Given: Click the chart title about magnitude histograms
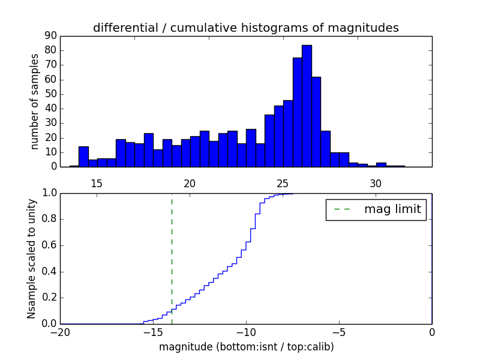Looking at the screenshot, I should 246,28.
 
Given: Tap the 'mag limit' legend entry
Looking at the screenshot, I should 376,209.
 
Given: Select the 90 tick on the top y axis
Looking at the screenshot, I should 50,36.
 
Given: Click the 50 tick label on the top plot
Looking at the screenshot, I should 50,94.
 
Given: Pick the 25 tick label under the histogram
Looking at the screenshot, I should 283,184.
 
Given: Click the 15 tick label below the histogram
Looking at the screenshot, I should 97,184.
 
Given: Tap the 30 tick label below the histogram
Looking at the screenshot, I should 376,184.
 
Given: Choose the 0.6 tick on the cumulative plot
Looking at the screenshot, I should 49,245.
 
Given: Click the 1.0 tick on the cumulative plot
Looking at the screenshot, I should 49,193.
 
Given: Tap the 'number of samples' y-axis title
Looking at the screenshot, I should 35,101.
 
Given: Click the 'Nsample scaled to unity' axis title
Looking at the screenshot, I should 32,259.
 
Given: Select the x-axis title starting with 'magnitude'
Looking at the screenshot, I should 246,347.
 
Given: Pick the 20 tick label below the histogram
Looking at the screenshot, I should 190,184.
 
